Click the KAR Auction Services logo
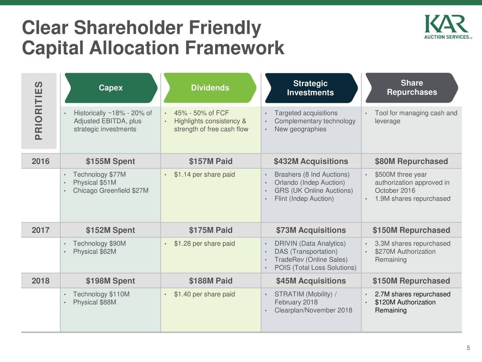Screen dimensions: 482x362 [x=448, y=27]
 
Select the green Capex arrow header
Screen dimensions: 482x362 [x=111, y=88]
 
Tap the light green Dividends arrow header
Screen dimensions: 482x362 [x=210, y=88]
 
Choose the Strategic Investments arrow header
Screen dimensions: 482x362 [x=311, y=88]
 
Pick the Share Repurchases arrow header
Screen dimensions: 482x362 [x=412, y=88]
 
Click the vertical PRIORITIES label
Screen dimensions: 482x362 [x=39, y=111]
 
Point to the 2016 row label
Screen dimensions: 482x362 [x=41, y=161]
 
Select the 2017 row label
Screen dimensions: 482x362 [x=41, y=230]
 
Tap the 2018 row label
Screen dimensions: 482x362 [x=41, y=281]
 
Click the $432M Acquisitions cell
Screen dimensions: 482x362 [x=311, y=161]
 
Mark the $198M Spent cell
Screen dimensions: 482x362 [x=110, y=281]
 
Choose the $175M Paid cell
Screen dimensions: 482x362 [x=211, y=230]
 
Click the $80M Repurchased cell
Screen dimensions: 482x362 [x=411, y=161]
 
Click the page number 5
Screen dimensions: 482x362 [x=468, y=348]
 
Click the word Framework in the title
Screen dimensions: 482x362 [x=235, y=48]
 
